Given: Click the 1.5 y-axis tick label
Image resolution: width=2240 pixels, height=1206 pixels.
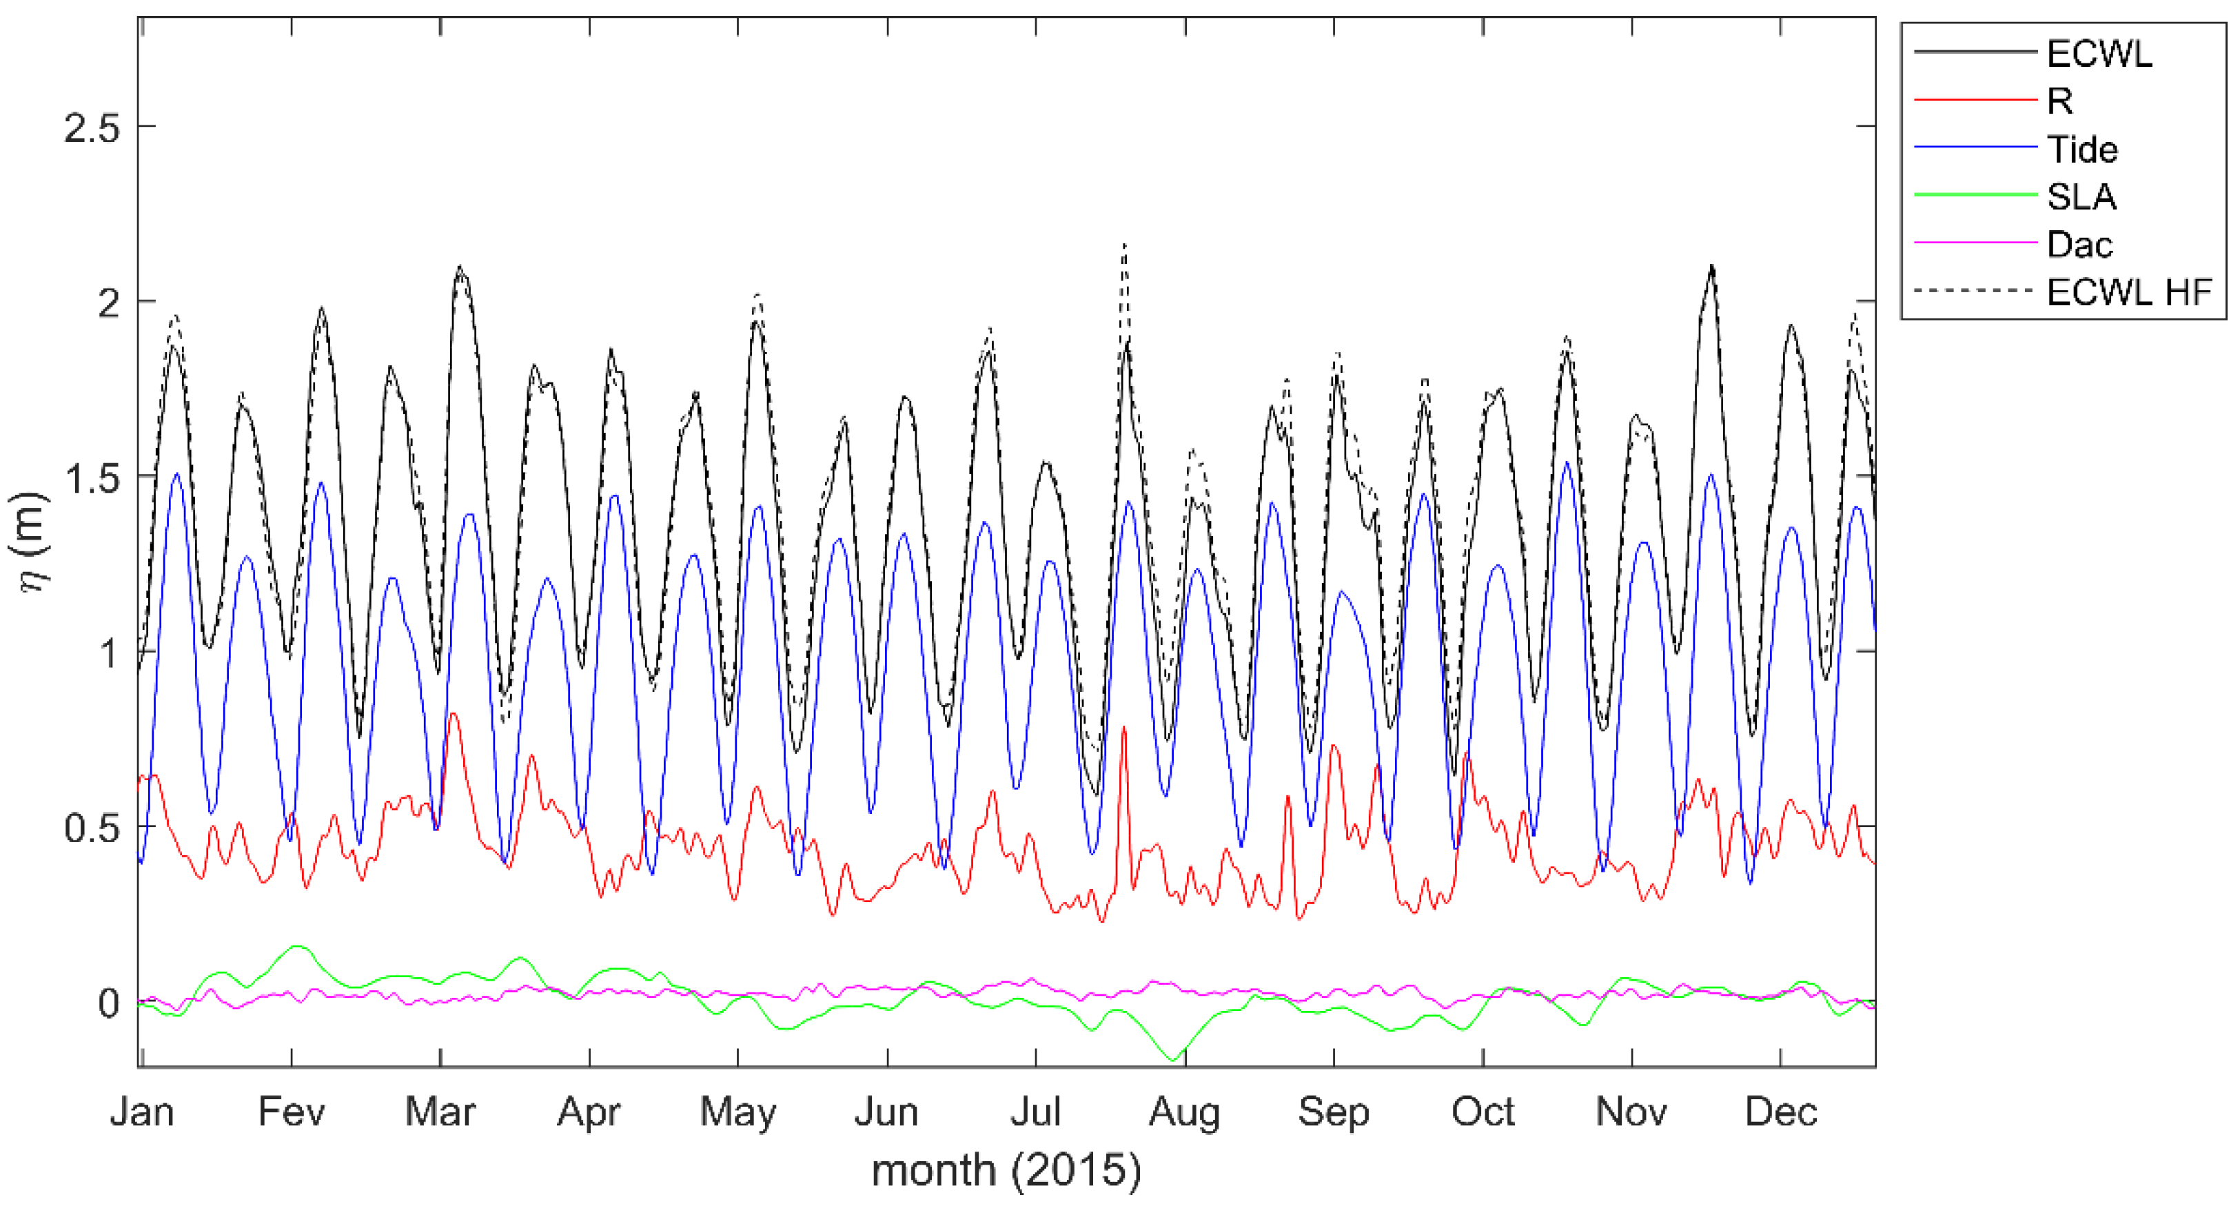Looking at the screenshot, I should pos(91,478).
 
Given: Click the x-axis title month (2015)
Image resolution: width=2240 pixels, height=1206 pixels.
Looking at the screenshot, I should pos(1006,1170).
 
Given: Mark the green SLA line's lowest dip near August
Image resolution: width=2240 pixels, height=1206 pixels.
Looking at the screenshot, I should pos(1172,1060).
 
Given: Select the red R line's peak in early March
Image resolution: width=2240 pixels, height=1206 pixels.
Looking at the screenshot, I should pos(453,715).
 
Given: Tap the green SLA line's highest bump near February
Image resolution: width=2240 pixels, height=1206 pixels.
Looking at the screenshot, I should pos(297,946).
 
